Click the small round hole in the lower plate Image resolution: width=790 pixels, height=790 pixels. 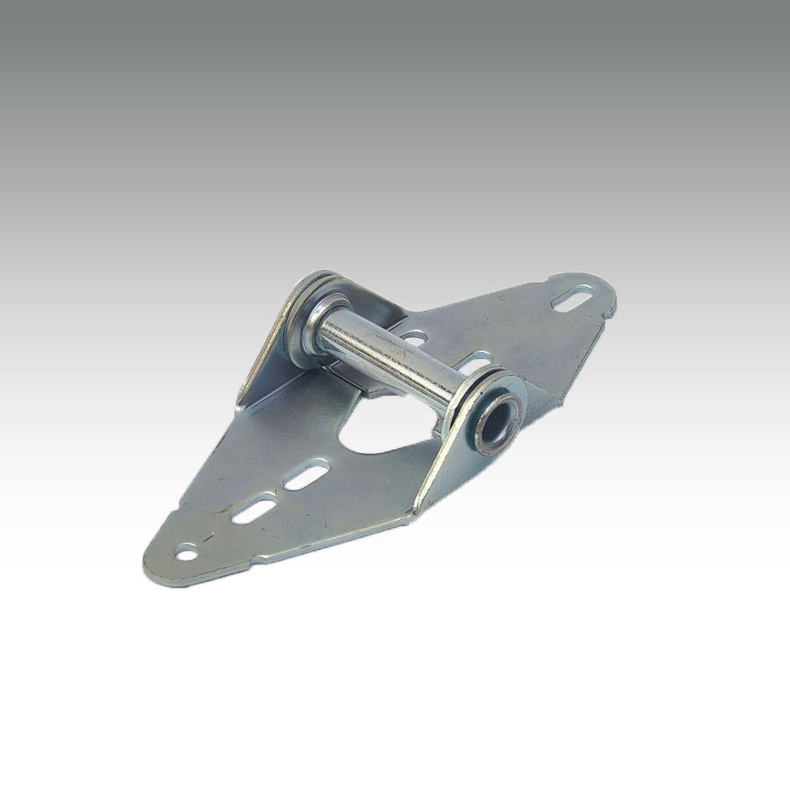pyautogui.click(x=186, y=551)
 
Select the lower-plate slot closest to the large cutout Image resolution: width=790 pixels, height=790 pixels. pyautogui.click(x=306, y=476)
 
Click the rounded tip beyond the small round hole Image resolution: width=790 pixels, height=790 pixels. pyautogui.click(x=155, y=568)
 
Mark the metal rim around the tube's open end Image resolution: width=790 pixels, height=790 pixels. pyautogui.click(x=510, y=401)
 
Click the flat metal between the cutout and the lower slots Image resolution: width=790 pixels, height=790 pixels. pyautogui.click(x=334, y=468)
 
